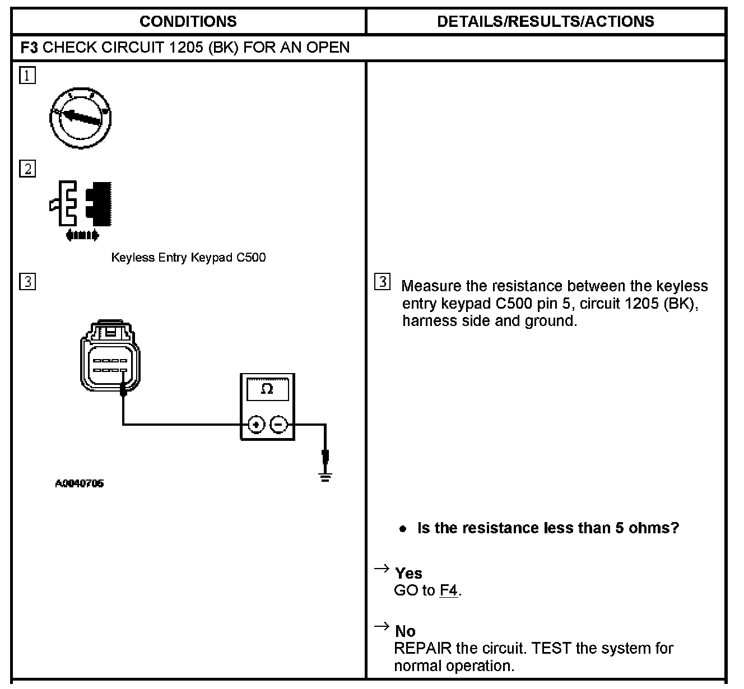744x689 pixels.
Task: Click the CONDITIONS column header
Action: point(188,22)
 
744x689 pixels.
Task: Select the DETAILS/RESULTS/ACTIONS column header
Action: point(545,22)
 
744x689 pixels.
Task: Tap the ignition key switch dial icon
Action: point(80,117)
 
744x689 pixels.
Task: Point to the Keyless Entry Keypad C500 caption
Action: point(188,258)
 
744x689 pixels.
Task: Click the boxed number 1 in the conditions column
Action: point(27,76)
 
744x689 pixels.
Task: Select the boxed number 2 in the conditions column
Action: point(27,169)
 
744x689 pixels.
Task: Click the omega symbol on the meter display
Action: point(267,389)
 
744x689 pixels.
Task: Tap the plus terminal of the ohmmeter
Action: point(256,425)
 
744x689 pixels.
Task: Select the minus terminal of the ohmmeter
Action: point(279,425)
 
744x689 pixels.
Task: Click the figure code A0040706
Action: point(79,483)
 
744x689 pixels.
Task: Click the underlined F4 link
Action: point(449,590)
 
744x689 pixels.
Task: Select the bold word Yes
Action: point(408,573)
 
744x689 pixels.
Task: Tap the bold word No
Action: point(405,631)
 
